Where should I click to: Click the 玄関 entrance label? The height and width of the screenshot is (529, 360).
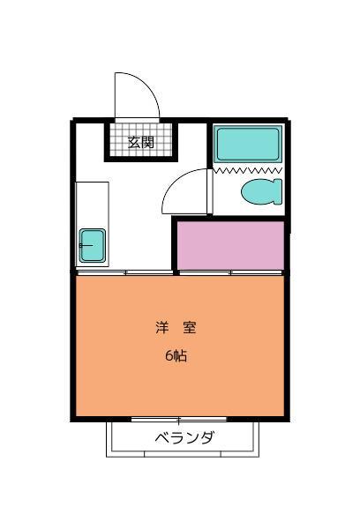tap(140, 141)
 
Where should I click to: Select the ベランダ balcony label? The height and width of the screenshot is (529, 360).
tap(184, 438)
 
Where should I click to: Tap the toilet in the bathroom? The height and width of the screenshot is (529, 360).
tap(258, 190)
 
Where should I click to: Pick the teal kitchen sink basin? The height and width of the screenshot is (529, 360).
tap(92, 244)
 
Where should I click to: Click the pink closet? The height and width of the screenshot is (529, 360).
tap(230, 246)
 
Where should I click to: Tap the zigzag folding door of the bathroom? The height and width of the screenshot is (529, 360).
tap(248, 168)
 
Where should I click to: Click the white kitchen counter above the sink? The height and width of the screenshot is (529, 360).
tap(92, 203)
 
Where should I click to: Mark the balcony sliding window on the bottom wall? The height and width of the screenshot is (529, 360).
tap(179, 419)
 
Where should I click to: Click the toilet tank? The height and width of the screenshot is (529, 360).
tap(278, 190)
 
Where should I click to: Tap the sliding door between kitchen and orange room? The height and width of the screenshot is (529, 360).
tap(124, 273)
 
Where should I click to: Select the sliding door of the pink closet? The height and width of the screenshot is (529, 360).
tap(230, 273)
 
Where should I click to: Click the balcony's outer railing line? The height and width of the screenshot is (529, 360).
tap(184, 456)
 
